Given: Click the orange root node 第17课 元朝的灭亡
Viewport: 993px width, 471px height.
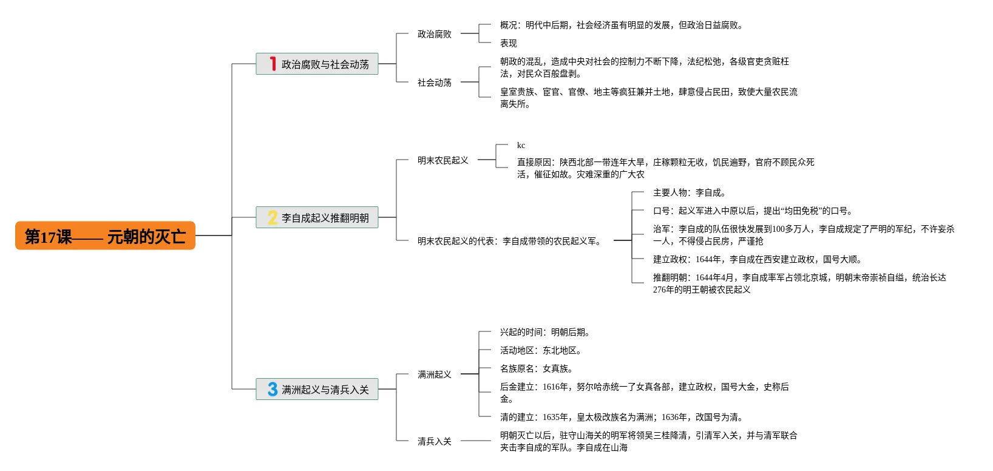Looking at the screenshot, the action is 105,235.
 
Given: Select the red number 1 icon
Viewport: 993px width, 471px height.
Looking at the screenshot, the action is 273,64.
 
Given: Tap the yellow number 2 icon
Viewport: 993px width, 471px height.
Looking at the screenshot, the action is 273,217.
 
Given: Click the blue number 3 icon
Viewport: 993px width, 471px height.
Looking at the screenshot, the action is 273,389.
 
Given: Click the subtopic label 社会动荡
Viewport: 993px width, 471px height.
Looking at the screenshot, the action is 434,83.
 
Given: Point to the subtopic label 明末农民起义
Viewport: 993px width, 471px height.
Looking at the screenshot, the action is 442,160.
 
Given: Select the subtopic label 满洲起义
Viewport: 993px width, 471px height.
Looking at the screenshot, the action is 434,374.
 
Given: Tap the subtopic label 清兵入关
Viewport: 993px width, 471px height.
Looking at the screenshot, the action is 434,441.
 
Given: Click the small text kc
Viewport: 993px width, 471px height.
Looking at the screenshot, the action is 521,145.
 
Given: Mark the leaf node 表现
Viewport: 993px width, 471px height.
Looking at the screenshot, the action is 508,43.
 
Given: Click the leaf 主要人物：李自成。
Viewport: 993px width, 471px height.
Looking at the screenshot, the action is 689,192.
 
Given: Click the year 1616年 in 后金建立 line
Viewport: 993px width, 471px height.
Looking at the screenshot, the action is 555,387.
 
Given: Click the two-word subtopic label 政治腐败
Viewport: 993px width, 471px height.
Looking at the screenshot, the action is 434,34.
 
